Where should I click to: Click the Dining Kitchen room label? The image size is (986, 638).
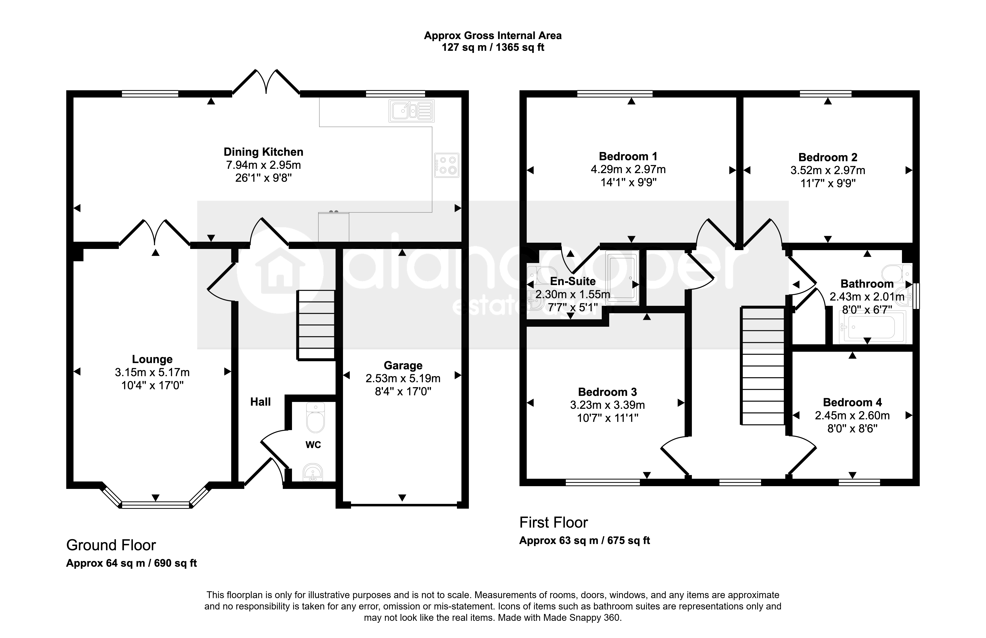pos(263,152)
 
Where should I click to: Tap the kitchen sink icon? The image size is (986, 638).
pos(411,111)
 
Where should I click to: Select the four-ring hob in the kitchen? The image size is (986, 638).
pos(447,165)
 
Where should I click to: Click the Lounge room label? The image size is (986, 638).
pos(152,359)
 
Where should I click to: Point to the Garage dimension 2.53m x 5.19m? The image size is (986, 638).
pos(403,378)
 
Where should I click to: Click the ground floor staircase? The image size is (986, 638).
pos(316,325)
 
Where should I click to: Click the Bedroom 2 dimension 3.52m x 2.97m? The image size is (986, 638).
pos(828,170)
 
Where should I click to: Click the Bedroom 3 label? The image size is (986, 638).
pos(607,392)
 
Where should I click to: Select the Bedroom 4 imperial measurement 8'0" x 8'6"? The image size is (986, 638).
pos(852,428)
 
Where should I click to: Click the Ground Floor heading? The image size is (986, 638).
pos(111,545)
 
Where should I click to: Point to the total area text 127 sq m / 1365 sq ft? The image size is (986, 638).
pos(493,47)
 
